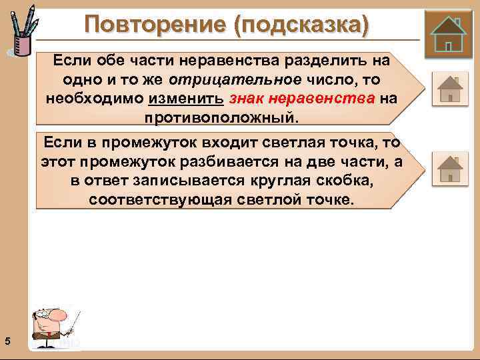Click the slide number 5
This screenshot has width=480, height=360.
click(7, 341)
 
